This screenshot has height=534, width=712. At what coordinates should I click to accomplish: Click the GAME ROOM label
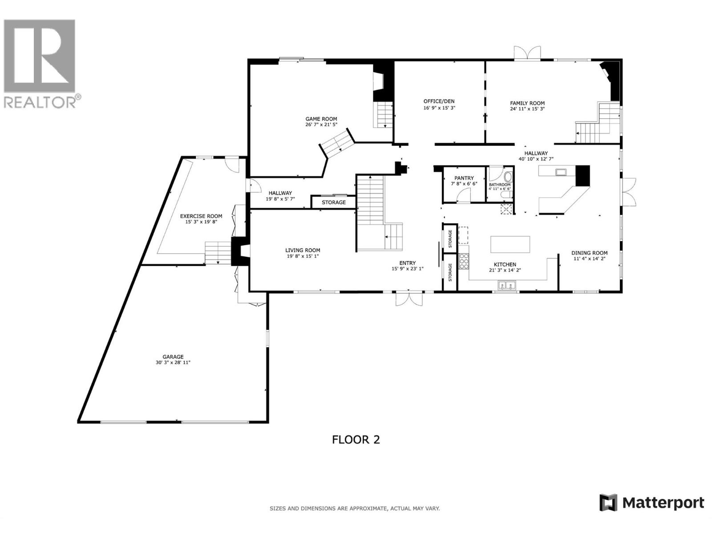click(321, 119)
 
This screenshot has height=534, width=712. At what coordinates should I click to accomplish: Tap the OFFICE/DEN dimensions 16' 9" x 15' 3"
click(439, 108)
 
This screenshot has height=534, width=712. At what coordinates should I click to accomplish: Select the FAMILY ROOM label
click(527, 103)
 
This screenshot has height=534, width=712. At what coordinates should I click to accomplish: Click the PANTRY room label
click(464, 178)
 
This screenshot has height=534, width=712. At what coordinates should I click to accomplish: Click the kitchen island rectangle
click(510, 244)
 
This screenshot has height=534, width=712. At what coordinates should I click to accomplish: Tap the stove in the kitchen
click(464, 261)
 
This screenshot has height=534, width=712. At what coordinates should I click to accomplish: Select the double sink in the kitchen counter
click(506, 285)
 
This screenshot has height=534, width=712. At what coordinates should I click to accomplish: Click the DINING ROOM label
click(589, 253)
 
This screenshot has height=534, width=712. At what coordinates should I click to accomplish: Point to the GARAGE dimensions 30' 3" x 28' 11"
click(173, 363)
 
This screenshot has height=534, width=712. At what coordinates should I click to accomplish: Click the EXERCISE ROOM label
click(201, 216)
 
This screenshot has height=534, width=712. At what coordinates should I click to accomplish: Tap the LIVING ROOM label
click(303, 250)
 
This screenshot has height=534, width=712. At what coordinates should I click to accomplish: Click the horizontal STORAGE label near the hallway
click(334, 202)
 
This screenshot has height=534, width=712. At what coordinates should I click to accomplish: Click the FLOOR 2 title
click(356, 440)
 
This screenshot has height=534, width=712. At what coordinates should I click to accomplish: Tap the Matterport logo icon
click(608, 503)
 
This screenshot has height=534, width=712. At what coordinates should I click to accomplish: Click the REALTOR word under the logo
click(40, 102)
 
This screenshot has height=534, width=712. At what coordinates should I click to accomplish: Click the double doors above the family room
click(527, 53)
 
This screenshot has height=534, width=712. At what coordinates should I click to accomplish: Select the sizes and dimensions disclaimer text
click(355, 508)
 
